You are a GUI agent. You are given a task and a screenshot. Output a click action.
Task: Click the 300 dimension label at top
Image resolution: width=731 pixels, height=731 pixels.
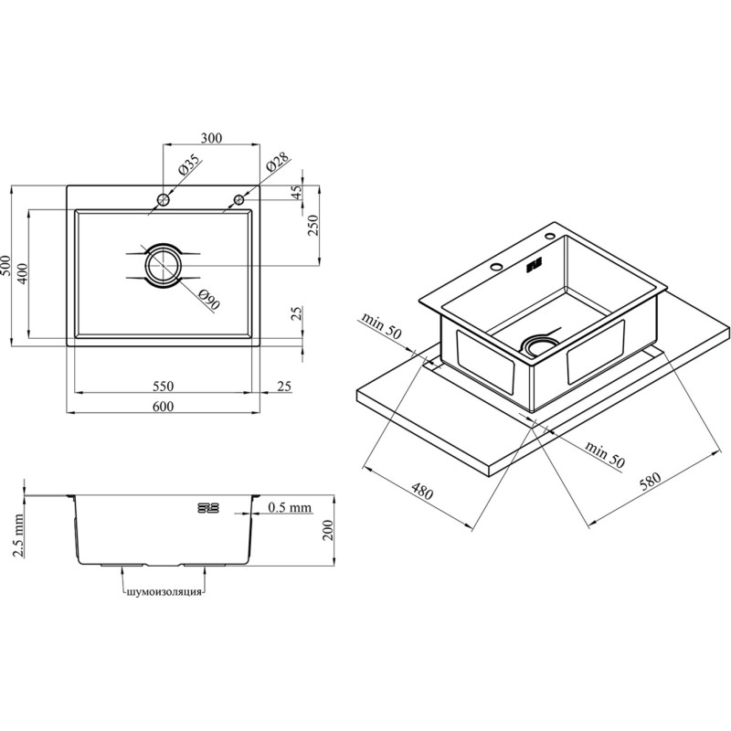pyautogui.click(x=211, y=138)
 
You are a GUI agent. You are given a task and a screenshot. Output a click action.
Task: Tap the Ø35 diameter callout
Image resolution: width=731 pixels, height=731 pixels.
pyautogui.click(x=189, y=164)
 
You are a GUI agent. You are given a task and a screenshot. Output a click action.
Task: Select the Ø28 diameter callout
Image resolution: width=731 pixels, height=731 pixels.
pyautogui.click(x=278, y=164)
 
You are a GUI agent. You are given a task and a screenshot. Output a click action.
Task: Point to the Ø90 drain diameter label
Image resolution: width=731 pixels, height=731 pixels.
pyautogui.click(x=208, y=300)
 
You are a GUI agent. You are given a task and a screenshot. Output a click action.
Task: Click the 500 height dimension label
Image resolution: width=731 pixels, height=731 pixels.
pyautogui.click(x=5, y=266)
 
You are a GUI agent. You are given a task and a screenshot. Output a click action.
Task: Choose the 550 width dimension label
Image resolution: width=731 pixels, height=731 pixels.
pyautogui.click(x=164, y=386)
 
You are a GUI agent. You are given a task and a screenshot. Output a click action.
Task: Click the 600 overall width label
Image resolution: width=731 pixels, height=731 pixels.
pyautogui.click(x=164, y=407)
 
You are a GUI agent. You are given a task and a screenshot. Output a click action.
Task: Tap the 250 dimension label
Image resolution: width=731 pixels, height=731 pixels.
pyautogui.click(x=313, y=225)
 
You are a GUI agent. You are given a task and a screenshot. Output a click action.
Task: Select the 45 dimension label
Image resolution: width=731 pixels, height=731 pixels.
pyautogui.click(x=297, y=192)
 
